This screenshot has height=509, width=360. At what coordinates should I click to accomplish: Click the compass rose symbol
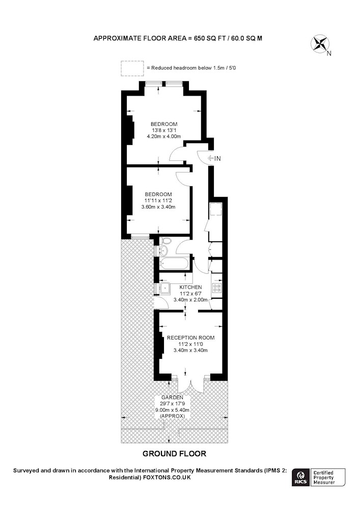pos(320,44)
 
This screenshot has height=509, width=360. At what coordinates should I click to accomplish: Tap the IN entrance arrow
pos(210,158)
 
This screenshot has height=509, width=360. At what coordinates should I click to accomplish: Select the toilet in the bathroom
pos(167,241)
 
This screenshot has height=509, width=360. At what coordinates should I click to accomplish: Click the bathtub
pos(174,264)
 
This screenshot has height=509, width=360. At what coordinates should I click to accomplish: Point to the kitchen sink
pos(165,288)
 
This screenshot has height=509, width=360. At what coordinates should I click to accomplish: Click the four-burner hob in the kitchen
pos(216,288)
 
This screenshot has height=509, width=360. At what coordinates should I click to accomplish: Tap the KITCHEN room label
pos(190,287)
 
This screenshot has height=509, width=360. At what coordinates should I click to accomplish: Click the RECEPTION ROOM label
pos(190,337)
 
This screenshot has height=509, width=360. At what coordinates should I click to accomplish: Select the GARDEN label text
pos(173,398)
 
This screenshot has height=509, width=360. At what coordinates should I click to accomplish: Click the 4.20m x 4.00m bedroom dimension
pos(164,136)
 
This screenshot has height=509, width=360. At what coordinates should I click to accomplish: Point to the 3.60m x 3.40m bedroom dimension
pos(158,207)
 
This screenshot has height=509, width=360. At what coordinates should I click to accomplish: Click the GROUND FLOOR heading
pos(174,454)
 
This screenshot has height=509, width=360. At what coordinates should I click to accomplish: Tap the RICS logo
pos(300,477)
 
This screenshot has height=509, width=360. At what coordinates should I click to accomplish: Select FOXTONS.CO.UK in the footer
pos(167,477)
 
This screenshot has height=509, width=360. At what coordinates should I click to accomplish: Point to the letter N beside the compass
pos(329,53)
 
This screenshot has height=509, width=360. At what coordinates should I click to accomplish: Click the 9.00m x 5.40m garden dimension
pos(172,410)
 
